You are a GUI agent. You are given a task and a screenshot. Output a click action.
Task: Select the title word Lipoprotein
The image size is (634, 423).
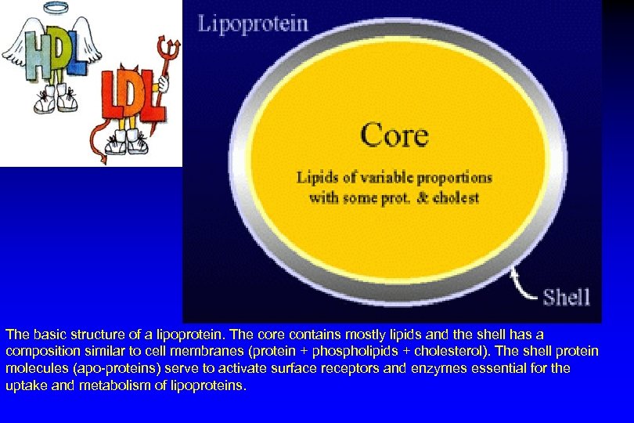[253, 23]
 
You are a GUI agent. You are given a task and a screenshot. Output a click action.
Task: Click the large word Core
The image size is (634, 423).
[394, 136]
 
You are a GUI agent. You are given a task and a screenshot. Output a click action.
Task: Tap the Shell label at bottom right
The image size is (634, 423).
[566, 297]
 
